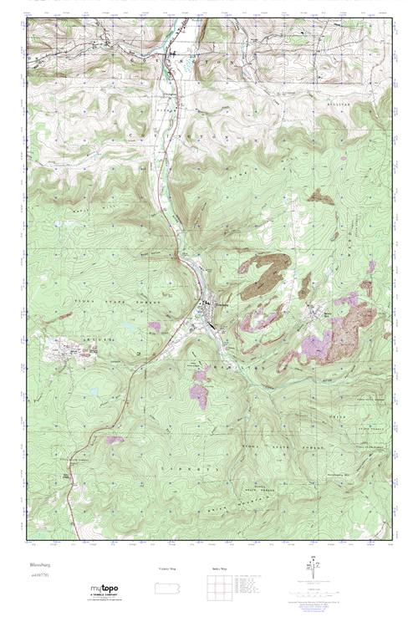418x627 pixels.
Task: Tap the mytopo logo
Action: [105, 590]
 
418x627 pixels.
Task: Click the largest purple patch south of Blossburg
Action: [199, 392]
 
